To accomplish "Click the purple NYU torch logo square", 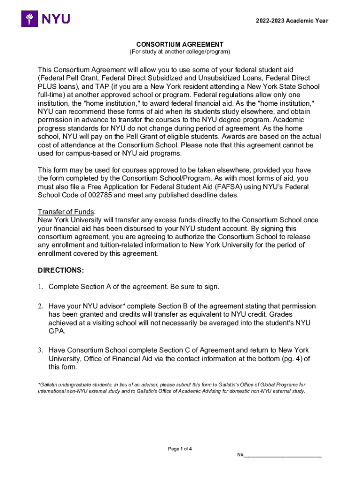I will click(x=30, y=19).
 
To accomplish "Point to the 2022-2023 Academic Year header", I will click(x=292, y=21).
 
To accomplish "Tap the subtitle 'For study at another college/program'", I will click(x=180, y=51).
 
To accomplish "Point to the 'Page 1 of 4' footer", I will click(x=180, y=449).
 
